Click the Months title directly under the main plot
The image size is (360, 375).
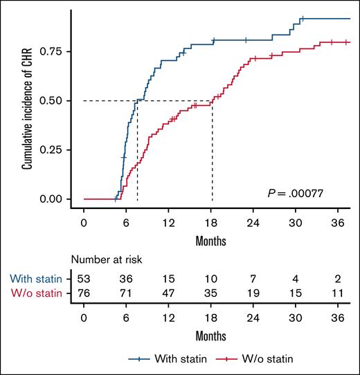pyautogui.click(x=211, y=241)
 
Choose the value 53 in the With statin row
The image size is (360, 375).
pyautogui.click(x=84, y=278)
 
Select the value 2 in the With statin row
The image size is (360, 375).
pyautogui.click(x=337, y=278)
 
